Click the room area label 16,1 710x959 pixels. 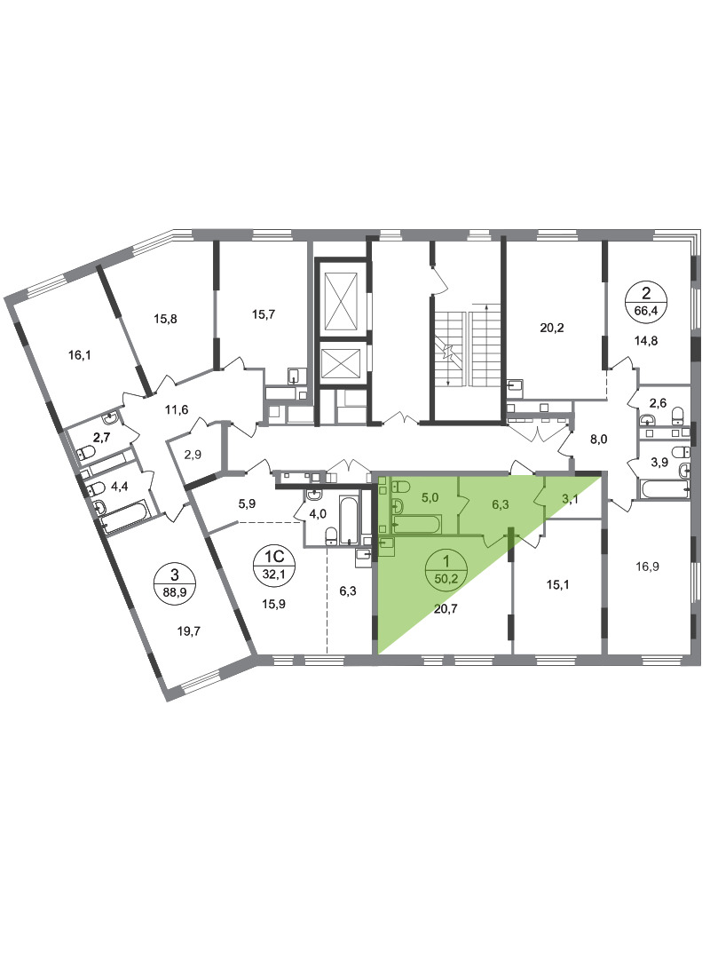80,354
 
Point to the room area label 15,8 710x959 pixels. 165,319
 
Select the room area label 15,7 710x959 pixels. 264,314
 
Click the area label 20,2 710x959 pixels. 552,328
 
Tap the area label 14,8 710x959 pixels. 646,341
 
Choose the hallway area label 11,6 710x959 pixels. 177,409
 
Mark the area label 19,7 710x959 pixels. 189,632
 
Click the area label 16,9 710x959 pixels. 647,567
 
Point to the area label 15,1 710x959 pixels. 557,584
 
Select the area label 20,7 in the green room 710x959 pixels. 446,608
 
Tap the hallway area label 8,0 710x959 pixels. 598,439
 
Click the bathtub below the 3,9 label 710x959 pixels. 665,488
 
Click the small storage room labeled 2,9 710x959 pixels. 193,455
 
